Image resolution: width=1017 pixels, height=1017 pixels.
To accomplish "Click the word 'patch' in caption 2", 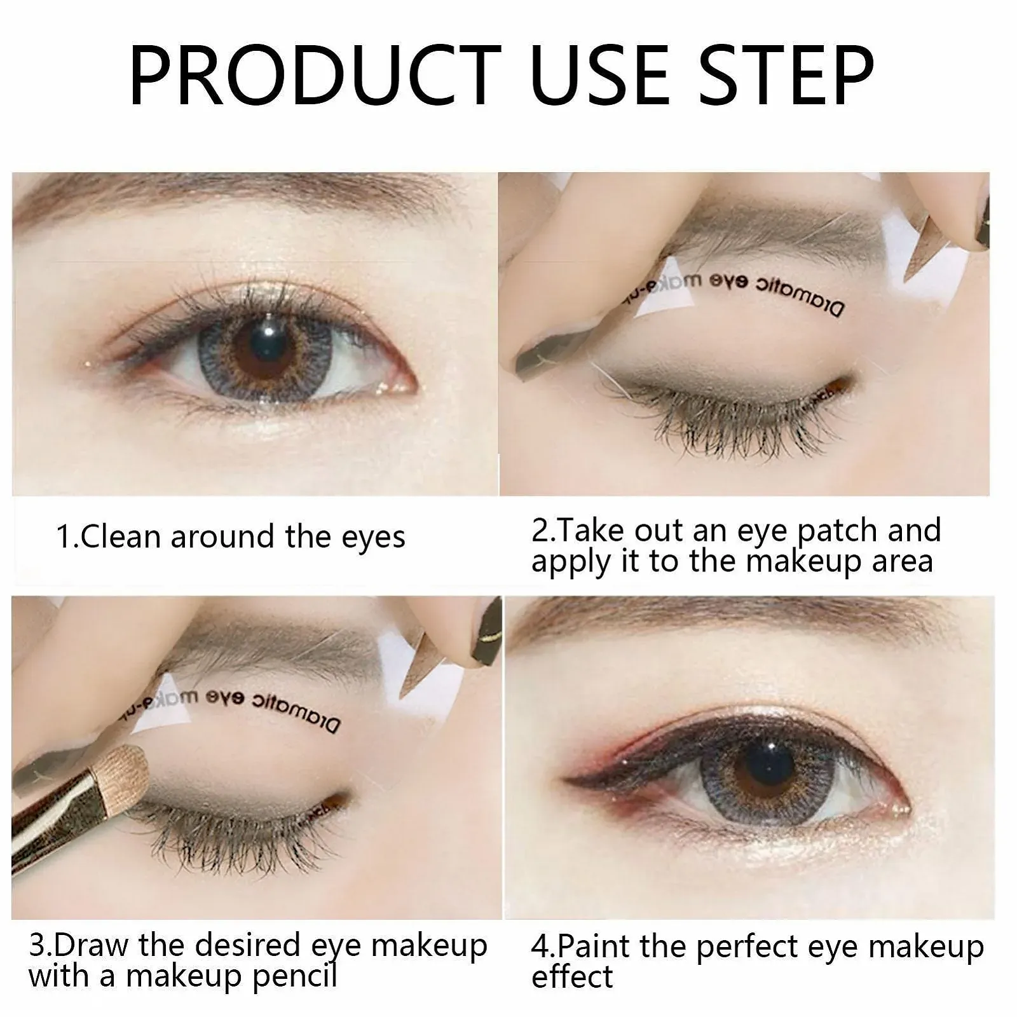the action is click(x=838, y=531).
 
